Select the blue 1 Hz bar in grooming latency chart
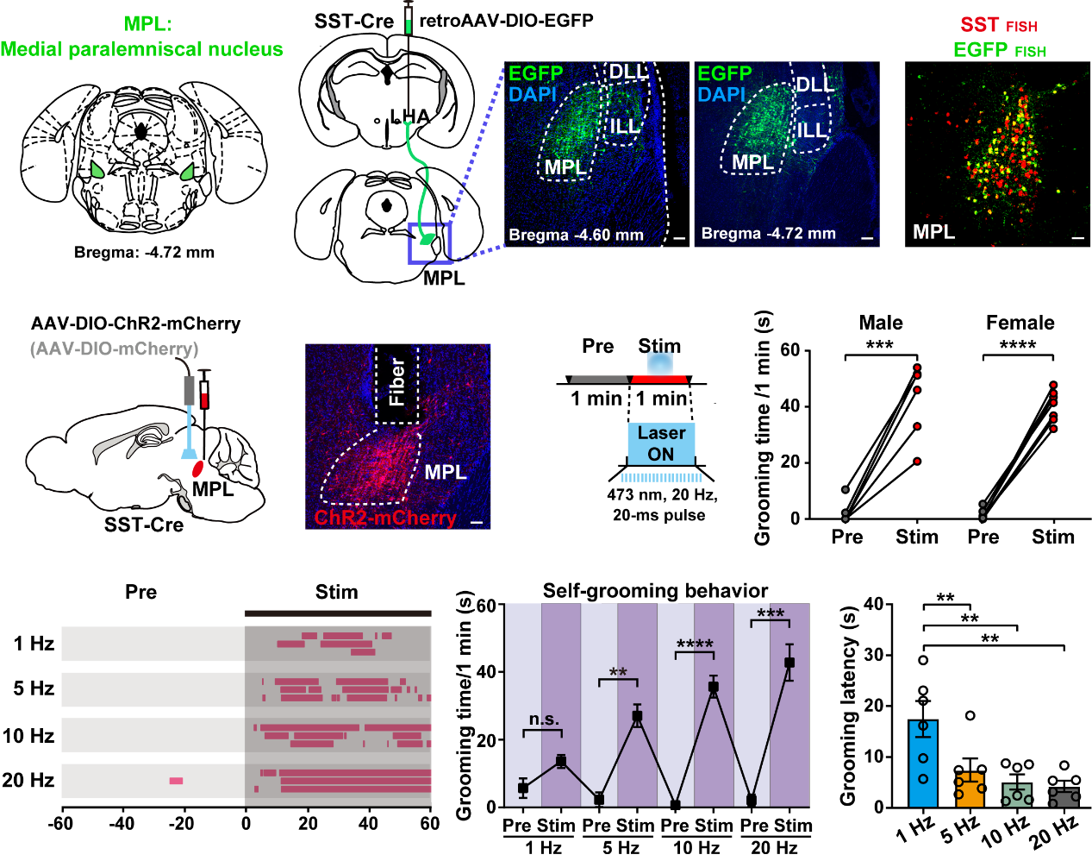923,764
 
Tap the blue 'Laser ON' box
661,443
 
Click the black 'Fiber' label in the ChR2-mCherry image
396,382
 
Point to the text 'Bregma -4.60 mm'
576,235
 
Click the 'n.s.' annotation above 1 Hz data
544,720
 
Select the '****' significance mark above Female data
1017,345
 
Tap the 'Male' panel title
881,323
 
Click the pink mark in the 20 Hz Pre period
176,781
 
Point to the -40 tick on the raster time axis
122,823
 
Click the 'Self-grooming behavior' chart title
655,591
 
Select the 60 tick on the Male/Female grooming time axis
789,350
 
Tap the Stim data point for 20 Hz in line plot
789,663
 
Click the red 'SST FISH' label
999,25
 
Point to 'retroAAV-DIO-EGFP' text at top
506,20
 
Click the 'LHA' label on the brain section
409,116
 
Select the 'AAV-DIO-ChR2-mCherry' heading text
135,324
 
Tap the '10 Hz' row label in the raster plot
28,736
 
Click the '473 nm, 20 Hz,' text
662,495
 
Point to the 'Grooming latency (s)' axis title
848,705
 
